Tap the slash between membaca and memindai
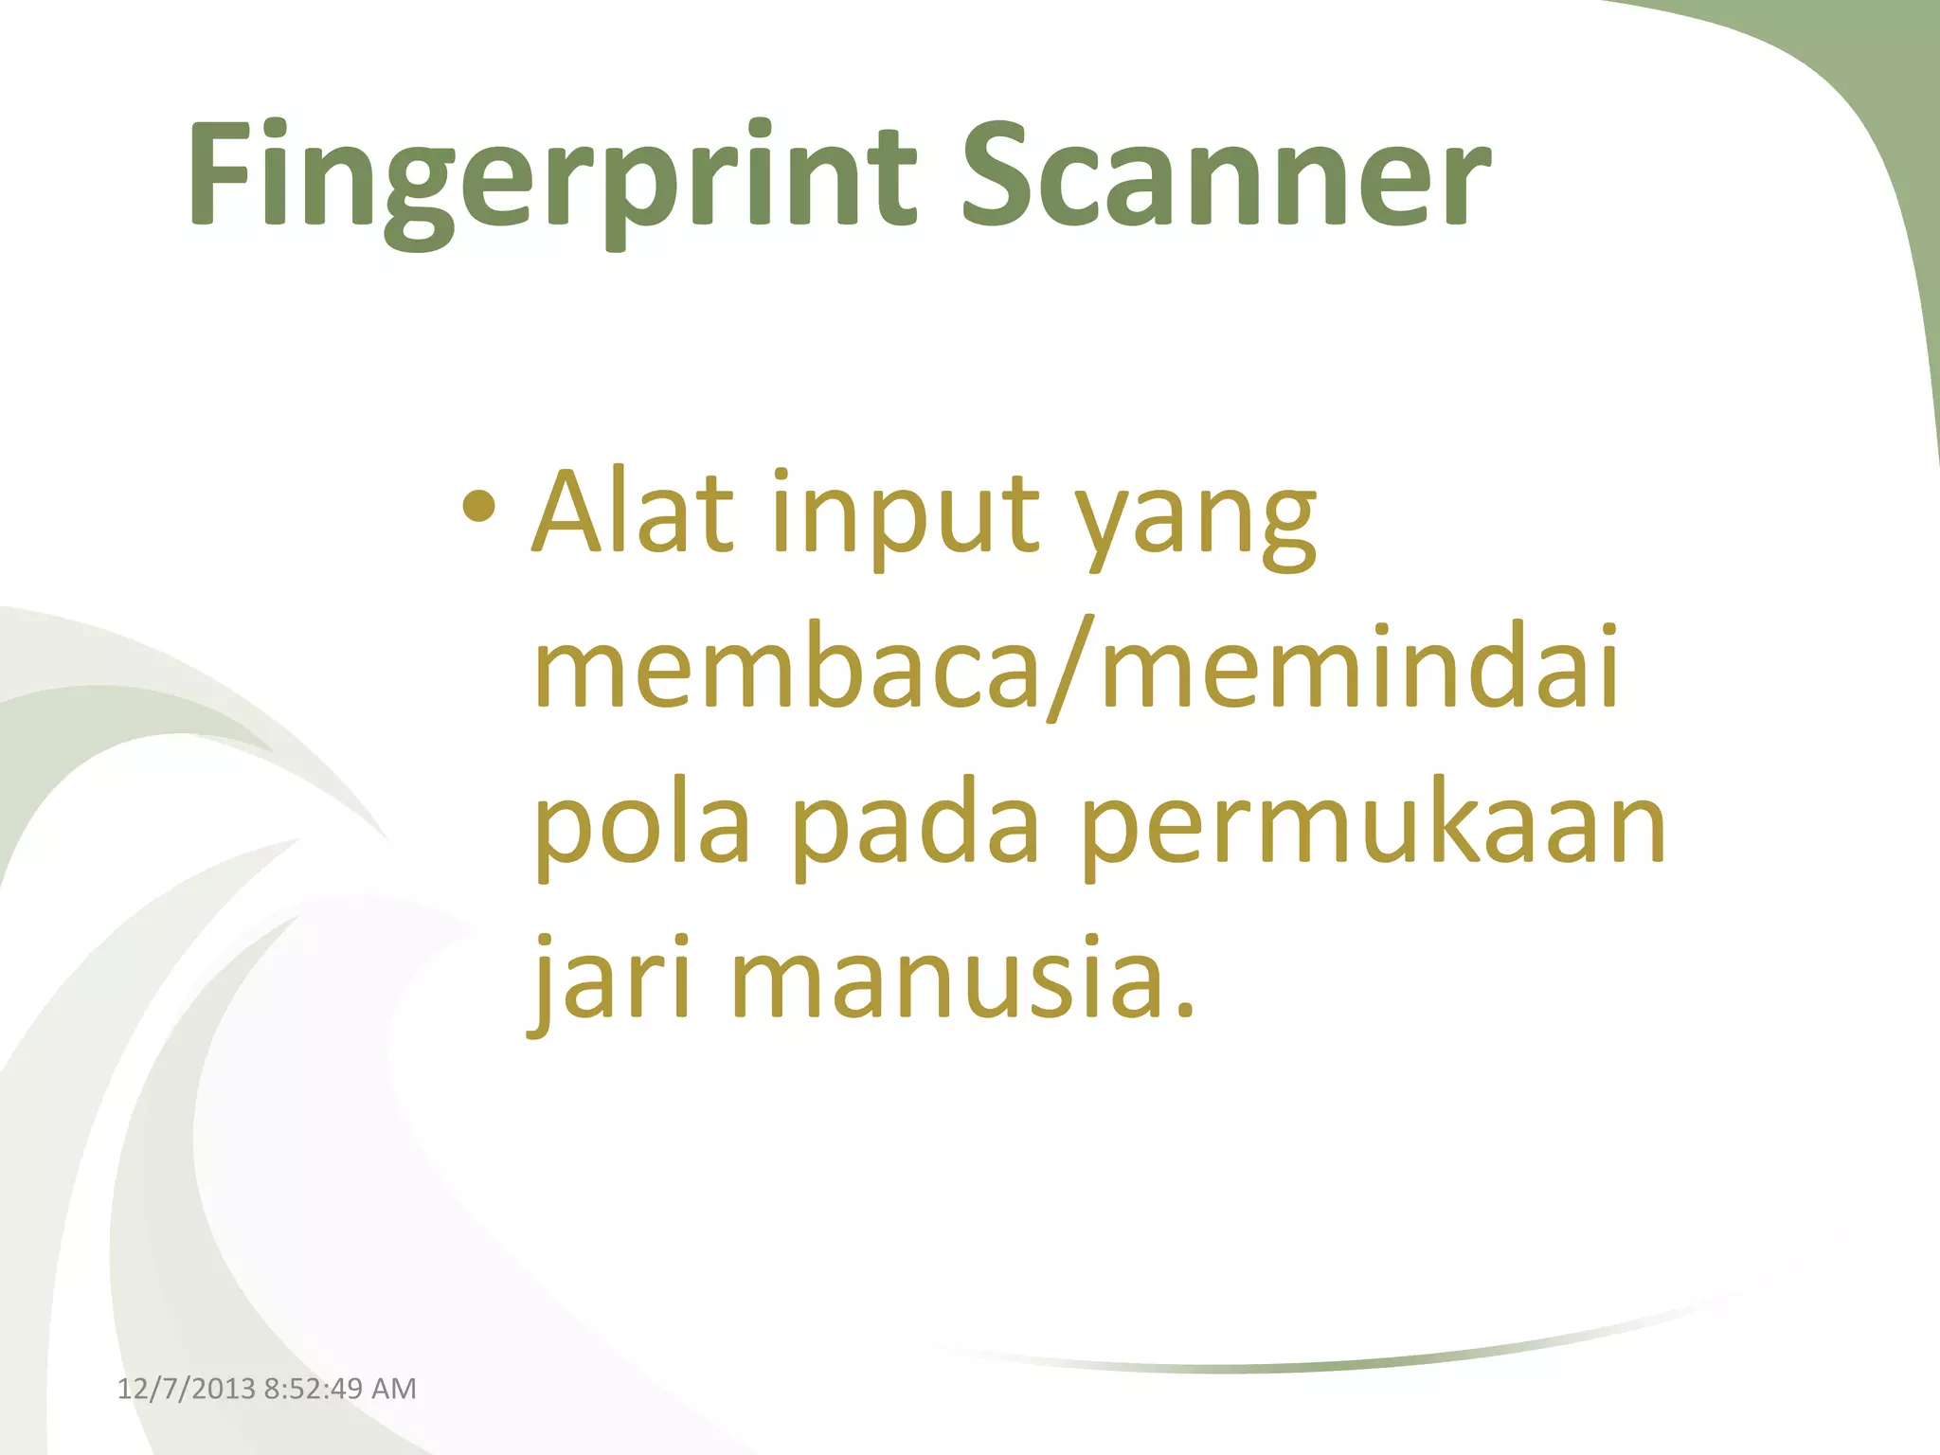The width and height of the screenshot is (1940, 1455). pyautogui.click(x=1069, y=668)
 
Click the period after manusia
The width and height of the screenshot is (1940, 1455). pyautogui.click(x=1184, y=1010)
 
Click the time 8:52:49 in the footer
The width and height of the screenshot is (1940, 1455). pyautogui.click(x=314, y=1389)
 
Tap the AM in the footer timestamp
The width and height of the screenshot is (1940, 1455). pyautogui.click(x=394, y=1389)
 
